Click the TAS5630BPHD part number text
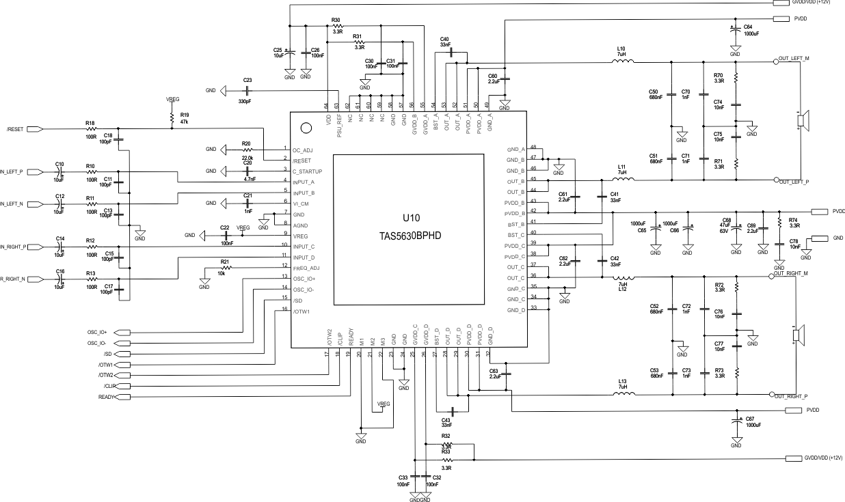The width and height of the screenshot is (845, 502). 410,236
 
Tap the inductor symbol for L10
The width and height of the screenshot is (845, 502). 622,62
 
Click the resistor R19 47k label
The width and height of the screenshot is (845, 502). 184,118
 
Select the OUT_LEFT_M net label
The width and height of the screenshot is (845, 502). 794,59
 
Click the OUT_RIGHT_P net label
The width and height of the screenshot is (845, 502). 793,396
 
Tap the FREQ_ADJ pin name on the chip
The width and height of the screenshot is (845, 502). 306,268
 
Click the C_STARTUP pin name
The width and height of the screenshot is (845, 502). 308,171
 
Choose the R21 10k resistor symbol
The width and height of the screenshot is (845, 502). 225,268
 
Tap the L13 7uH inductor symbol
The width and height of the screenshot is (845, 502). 622,394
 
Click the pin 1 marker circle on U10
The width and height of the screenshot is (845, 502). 306,127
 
